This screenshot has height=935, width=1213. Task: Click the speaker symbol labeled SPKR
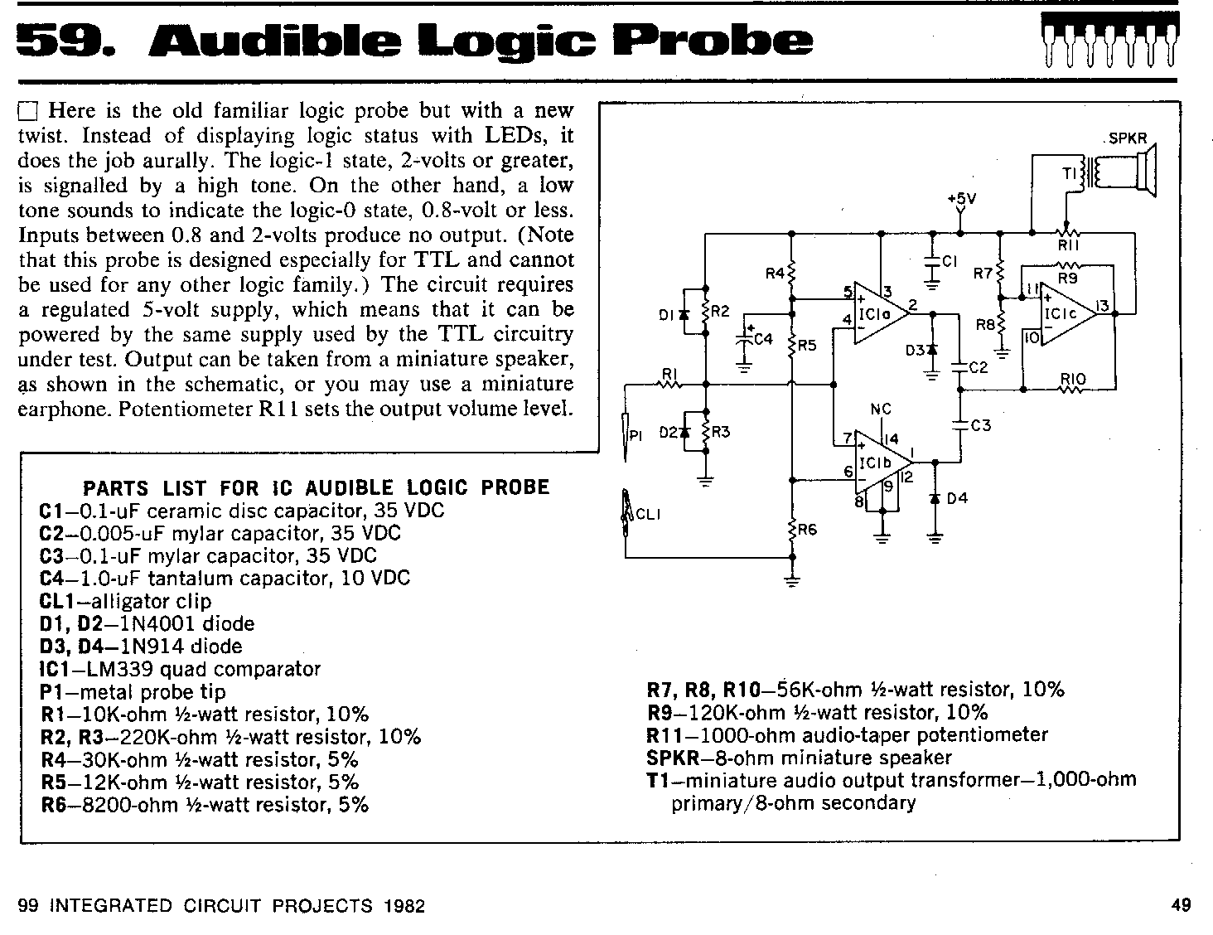pyautogui.click(x=1145, y=170)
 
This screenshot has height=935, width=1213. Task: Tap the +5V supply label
pyautogui.click(x=962, y=198)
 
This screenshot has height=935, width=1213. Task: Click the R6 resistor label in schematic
pyautogui.click(x=807, y=529)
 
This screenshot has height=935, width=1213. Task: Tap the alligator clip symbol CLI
pyautogui.click(x=626, y=512)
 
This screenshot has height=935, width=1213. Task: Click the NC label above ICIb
pyautogui.click(x=881, y=409)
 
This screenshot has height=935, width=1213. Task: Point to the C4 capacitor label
pyautogui.click(x=763, y=339)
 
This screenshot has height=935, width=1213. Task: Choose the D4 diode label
pyautogui.click(x=957, y=498)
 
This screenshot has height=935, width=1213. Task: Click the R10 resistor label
pyautogui.click(x=1072, y=379)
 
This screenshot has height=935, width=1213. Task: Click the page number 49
pyautogui.click(x=1182, y=904)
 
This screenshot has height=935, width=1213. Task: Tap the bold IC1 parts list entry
pyautogui.click(x=56, y=669)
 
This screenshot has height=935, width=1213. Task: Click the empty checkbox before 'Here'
pyautogui.click(x=28, y=112)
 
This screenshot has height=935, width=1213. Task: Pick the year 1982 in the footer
pyautogui.click(x=404, y=905)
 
